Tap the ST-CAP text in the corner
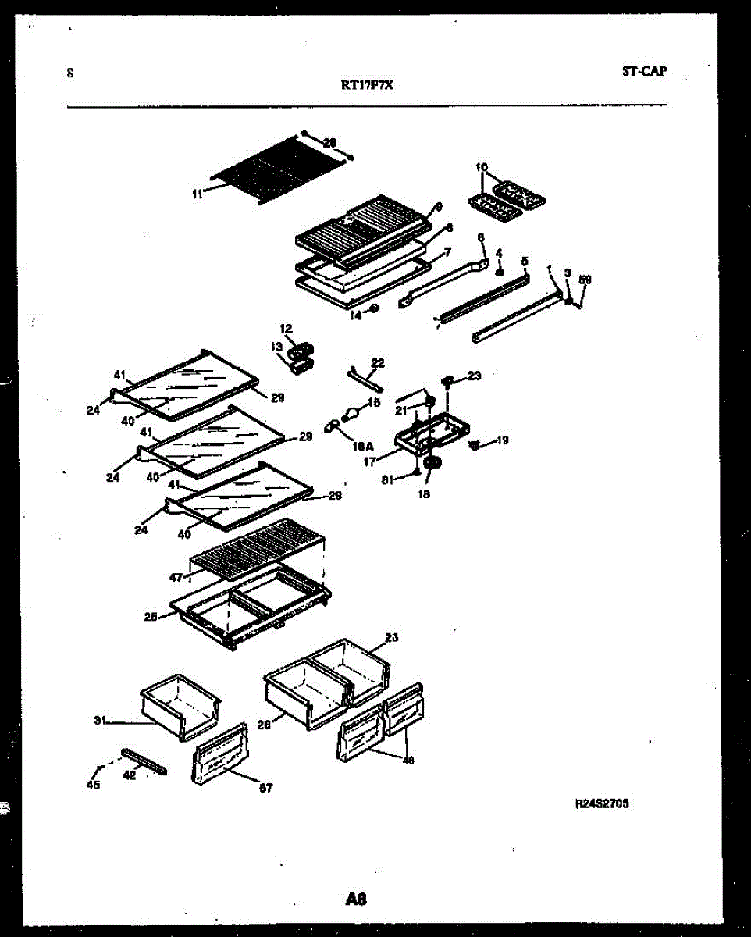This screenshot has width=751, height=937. click(x=644, y=72)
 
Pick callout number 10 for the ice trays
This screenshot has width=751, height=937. click(x=481, y=167)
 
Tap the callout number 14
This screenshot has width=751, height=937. click(x=355, y=315)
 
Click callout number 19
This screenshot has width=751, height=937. click(x=502, y=440)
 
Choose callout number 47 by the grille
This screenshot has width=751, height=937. click(x=176, y=578)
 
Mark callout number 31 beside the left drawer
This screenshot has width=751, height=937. click(x=100, y=721)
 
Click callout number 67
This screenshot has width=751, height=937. click(x=265, y=789)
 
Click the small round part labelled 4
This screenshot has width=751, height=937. click(x=500, y=271)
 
